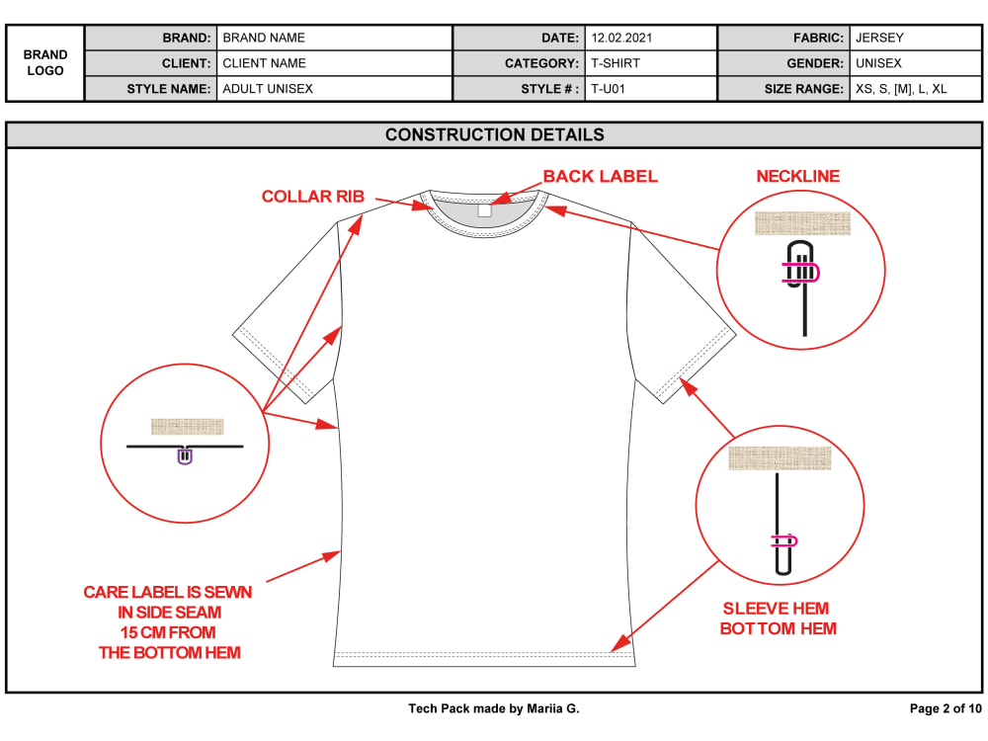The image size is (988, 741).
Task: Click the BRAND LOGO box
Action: [44, 63]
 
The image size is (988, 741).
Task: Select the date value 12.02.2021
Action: [621, 38]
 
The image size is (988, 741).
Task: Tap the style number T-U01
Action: [608, 89]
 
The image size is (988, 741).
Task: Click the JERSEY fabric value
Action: [879, 38]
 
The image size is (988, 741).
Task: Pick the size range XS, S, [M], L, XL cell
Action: [901, 89]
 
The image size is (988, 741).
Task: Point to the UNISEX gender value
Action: [878, 63]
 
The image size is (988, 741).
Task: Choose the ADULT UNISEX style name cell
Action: [268, 89]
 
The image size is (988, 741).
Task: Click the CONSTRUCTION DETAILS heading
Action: [495, 134]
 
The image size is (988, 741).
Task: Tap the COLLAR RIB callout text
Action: [313, 197]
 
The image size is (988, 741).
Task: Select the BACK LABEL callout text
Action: [601, 177]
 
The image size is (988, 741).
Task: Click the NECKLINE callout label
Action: [798, 177]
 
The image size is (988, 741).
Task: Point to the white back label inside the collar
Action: [484, 210]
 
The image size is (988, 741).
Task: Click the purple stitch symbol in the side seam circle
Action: [185, 454]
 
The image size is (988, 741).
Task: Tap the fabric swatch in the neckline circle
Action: [802, 223]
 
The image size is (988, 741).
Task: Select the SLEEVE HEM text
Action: [776, 609]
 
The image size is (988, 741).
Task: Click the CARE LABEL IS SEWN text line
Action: [168, 592]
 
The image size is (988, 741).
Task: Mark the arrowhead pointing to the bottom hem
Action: [620, 643]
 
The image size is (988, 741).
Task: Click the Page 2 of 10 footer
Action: [946, 708]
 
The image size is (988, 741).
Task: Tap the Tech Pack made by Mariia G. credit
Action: [493, 708]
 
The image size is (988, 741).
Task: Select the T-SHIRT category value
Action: [615, 63]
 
